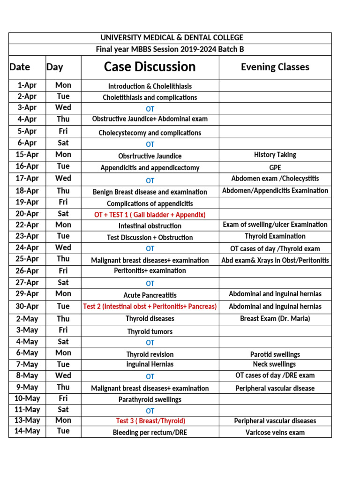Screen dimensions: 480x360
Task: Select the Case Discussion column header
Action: [x=150, y=67]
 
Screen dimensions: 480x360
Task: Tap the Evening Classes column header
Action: [x=275, y=67]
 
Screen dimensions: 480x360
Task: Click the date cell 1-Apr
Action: [x=27, y=85]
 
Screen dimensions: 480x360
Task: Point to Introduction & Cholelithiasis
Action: [x=150, y=86]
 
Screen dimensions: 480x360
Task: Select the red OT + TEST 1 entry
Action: [x=150, y=215]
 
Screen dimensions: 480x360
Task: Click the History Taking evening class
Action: [x=275, y=155]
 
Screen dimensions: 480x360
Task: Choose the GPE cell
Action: [x=275, y=167]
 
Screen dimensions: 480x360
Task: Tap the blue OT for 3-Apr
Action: [x=150, y=109]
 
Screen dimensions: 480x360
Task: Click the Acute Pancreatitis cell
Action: [x=150, y=295]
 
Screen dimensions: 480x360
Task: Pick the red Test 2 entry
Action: [x=150, y=307]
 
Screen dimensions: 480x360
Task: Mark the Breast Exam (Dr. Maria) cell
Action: [x=275, y=319]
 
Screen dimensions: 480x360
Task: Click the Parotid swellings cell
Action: [x=275, y=354]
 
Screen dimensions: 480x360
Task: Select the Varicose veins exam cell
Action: [x=275, y=432]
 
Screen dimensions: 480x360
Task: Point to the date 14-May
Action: [x=27, y=431]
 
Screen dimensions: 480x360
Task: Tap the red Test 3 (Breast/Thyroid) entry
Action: [x=150, y=421]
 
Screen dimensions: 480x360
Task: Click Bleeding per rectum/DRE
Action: [x=150, y=432]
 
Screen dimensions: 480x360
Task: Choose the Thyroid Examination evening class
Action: [x=275, y=236]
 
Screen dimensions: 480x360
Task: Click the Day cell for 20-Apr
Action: [x=63, y=214]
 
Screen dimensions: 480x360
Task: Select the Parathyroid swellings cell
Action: [x=150, y=400]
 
